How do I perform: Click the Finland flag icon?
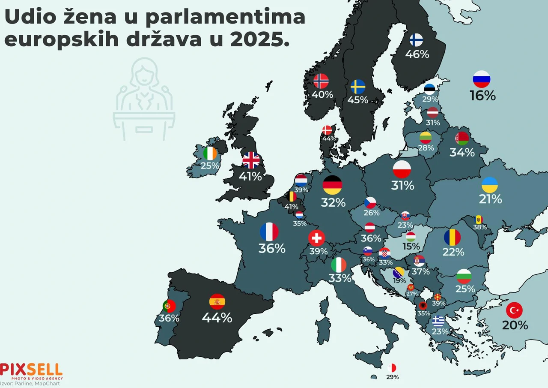tap(416, 40)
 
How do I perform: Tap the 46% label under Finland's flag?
tap(417, 54)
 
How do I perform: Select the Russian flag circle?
tap(481, 79)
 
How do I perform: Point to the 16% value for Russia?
tap(482, 96)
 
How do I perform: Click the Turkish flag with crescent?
tap(514, 310)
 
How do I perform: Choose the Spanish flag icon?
tap(217, 301)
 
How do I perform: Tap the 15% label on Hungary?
tap(411, 247)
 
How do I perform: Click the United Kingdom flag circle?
tap(251, 160)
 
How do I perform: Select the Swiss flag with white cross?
tap(317, 238)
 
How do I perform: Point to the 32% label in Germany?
tap(333, 203)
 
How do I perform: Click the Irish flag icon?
tap(210, 153)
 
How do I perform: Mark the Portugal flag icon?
tap(169, 306)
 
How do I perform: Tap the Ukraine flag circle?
tap(490, 184)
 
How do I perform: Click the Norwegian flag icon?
tap(321, 81)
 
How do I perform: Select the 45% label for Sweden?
tap(358, 100)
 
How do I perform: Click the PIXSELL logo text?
tap(31, 370)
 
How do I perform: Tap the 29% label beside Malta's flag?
tap(392, 377)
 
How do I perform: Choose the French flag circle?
tap(269, 232)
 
